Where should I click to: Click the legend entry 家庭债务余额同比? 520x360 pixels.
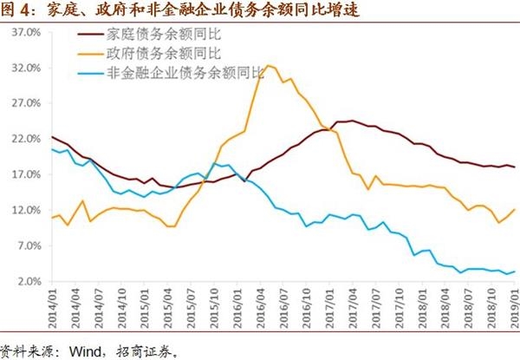pyautogui.click(x=161, y=35)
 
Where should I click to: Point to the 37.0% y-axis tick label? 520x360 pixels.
pyautogui.click(x=27, y=32)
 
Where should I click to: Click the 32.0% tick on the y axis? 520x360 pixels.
pyautogui.click(x=27, y=68)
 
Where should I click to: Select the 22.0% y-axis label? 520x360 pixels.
pyautogui.click(x=27, y=139)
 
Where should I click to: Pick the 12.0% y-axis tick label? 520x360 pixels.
pyautogui.click(x=27, y=210)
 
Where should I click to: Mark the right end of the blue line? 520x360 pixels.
pyautogui.click(x=516, y=272)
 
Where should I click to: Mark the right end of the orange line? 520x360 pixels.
pyautogui.click(x=516, y=209)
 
